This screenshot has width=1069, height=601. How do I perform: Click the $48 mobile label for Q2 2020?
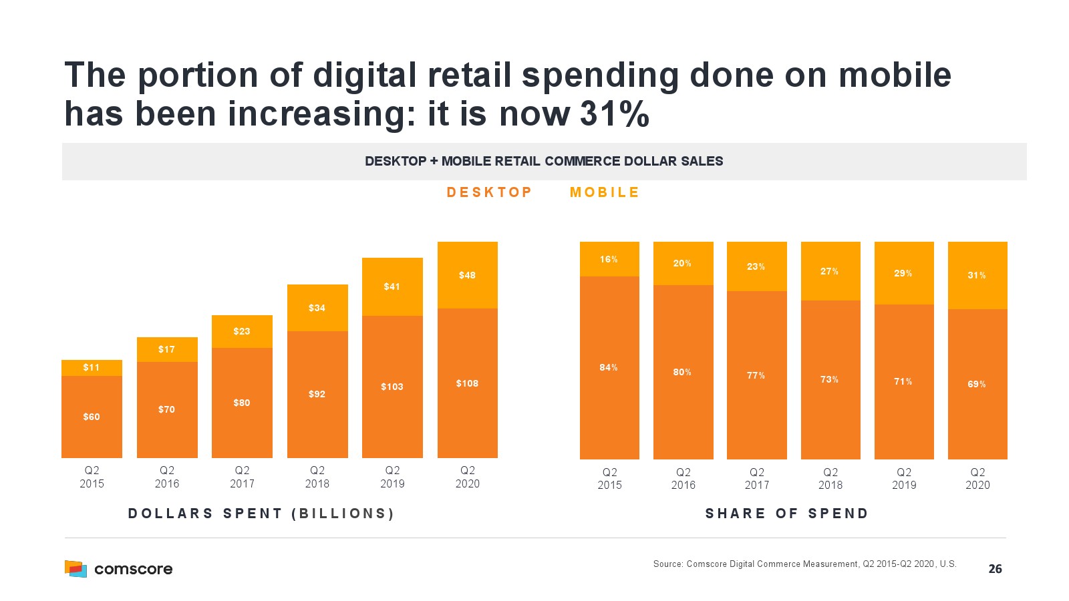tap(467, 275)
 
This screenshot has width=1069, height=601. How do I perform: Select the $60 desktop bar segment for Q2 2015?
tap(92, 417)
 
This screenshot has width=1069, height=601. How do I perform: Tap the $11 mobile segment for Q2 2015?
tap(92, 368)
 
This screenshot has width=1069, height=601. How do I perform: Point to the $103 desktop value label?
tap(392, 387)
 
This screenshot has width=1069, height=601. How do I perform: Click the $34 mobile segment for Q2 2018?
tap(317, 308)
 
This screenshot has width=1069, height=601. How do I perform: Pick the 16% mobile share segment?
tap(609, 259)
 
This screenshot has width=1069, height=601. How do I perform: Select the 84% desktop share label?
tap(609, 367)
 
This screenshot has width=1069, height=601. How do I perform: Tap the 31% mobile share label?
tap(977, 275)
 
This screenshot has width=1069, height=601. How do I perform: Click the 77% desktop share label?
tap(756, 376)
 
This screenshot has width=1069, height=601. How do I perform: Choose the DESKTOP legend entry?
tap(489, 192)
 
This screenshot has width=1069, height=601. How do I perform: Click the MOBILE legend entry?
tap(605, 192)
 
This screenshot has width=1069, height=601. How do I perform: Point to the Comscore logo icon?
tap(75, 568)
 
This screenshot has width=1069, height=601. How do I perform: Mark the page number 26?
tap(995, 569)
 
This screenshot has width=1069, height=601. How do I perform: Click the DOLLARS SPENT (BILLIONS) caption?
tap(261, 514)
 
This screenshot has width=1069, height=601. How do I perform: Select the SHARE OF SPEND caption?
tap(787, 514)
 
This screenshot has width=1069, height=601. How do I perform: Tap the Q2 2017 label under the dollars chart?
tap(242, 477)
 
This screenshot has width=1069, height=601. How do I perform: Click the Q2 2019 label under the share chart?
tap(904, 478)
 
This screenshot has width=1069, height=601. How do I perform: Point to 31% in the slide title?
tap(615, 114)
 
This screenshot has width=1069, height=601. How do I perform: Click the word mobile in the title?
tap(895, 75)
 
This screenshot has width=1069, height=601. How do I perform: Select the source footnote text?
tap(804, 564)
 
